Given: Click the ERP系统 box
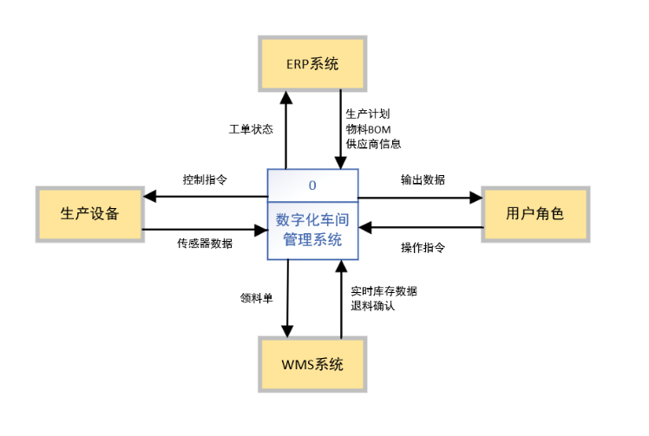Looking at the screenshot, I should (x=312, y=63).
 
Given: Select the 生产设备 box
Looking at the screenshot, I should (x=89, y=213).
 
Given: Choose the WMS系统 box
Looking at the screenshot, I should (x=312, y=364).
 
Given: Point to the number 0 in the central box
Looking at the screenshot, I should (x=311, y=184).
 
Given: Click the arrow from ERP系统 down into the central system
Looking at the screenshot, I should (x=340, y=130).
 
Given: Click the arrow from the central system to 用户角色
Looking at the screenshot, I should (x=420, y=197).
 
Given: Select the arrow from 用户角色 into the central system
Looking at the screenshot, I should (x=420, y=228).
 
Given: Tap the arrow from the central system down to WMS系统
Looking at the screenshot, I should (x=285, y=299).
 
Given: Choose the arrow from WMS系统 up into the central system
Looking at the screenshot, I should (x=341, y=299).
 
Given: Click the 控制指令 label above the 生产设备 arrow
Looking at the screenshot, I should (x=205, y=180).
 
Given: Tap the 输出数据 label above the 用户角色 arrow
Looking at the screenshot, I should (x=423, y=180).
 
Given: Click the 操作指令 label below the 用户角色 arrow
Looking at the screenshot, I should (x=423, y=248).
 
